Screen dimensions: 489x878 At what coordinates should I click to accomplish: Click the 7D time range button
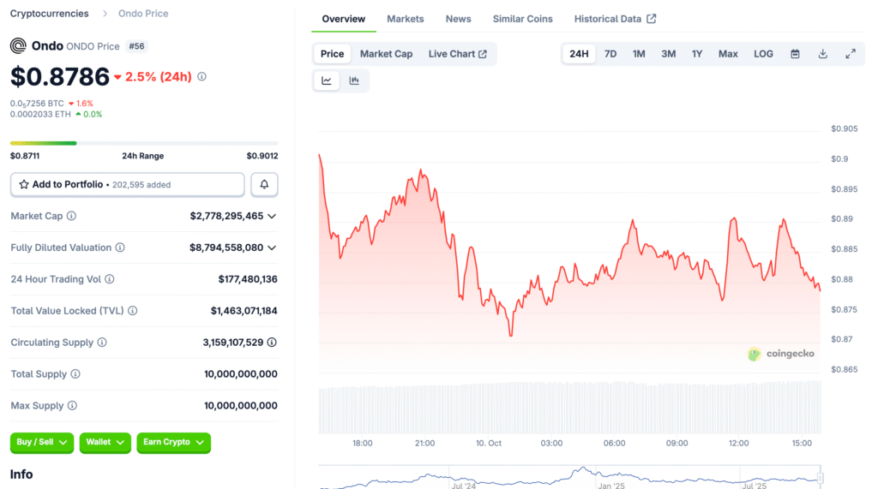[610, 54]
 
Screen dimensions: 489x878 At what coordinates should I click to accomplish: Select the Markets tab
[406, 19]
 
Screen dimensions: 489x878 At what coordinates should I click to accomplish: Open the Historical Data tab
[615, 19]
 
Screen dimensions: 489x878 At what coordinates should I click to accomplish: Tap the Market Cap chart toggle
[386, 54]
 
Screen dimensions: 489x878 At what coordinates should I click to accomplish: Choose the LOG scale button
[763, 54]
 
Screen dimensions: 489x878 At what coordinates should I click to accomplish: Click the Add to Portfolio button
[128, 184]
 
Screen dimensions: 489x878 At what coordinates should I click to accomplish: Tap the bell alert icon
[264, 184]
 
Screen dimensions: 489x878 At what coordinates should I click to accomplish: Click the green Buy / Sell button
[41, 442]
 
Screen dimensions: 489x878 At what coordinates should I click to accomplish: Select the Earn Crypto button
[173, 442]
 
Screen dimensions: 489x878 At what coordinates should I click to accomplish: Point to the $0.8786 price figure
[60, 76]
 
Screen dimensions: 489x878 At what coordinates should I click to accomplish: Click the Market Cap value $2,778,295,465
[227, 216]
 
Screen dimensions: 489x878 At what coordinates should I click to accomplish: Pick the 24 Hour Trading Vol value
[248, 279]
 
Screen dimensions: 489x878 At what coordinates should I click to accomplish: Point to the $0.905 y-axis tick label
[844, 129]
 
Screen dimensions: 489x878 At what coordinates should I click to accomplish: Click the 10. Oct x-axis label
[489, 444]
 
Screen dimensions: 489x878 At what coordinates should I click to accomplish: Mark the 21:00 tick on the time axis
[424, 444]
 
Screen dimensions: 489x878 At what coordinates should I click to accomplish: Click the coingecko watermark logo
[780, 354]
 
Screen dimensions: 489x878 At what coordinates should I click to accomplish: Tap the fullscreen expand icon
[851, 54]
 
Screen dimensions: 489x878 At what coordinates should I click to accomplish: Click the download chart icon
[823, 54]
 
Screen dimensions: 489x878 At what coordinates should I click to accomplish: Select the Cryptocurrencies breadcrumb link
[49, 14]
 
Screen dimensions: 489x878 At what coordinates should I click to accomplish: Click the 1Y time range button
[697, 54]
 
